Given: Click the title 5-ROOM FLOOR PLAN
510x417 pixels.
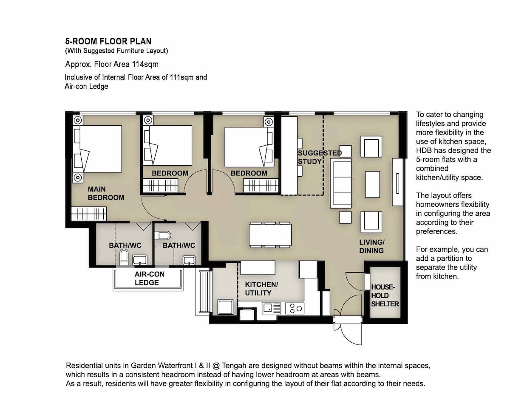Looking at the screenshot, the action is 108,42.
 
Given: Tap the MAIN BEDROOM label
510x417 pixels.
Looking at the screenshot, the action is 106,193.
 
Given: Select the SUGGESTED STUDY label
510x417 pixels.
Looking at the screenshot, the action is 320,157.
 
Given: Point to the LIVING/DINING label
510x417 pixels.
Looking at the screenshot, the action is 372,246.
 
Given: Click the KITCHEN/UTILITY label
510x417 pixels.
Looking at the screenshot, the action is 261,289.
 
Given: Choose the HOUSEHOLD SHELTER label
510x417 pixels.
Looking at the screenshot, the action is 385,296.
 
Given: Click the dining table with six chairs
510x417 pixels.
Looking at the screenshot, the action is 270,235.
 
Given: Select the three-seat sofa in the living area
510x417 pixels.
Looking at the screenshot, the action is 341,183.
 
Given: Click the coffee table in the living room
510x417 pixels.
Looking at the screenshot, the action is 372,184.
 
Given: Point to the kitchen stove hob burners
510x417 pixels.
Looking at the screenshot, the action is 295,308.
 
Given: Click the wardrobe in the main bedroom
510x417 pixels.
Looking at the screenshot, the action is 89,214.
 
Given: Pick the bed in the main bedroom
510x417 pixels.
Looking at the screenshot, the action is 97,149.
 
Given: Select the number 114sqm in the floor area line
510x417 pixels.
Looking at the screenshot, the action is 145,65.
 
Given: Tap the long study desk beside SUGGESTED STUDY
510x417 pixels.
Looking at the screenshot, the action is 289,156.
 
